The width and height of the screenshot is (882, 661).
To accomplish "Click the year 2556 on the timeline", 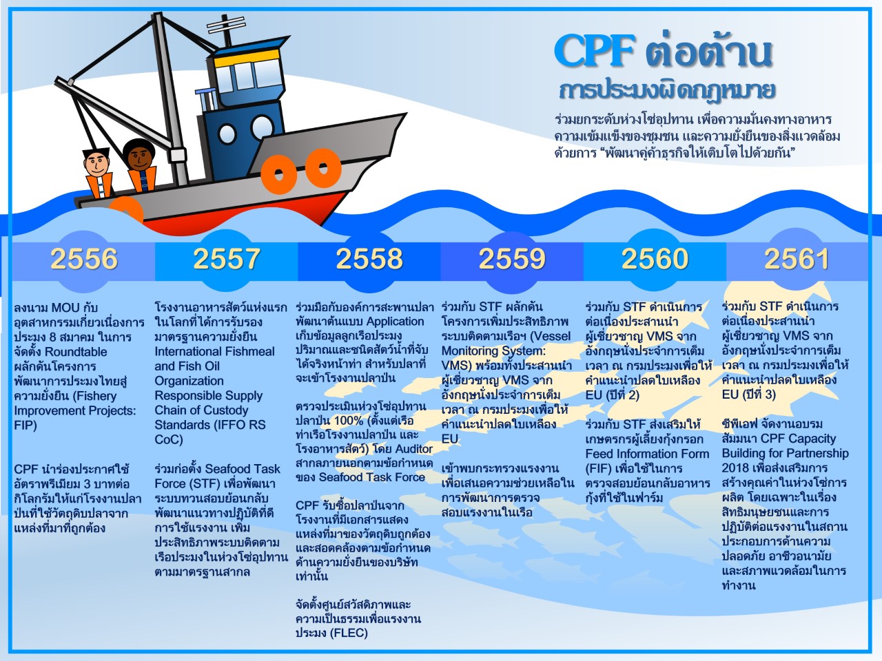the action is (84, 258).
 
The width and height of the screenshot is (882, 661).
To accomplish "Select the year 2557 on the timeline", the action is (227, 258).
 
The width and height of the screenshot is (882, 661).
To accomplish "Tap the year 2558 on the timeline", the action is (369, 258).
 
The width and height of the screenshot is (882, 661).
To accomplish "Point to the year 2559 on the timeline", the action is (512, 258).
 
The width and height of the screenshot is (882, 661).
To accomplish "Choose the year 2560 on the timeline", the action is (655, 258).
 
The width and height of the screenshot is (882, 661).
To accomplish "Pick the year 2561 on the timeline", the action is (797, 258).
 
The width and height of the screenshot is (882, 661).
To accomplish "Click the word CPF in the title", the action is (595, 52).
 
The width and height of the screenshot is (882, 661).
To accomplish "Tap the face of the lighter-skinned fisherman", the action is (96, 163).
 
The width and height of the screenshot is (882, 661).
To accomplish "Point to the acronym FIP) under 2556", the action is (25, 426).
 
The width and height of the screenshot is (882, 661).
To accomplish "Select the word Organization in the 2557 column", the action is (189, 381).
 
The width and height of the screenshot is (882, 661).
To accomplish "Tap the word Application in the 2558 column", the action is (395, 322).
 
